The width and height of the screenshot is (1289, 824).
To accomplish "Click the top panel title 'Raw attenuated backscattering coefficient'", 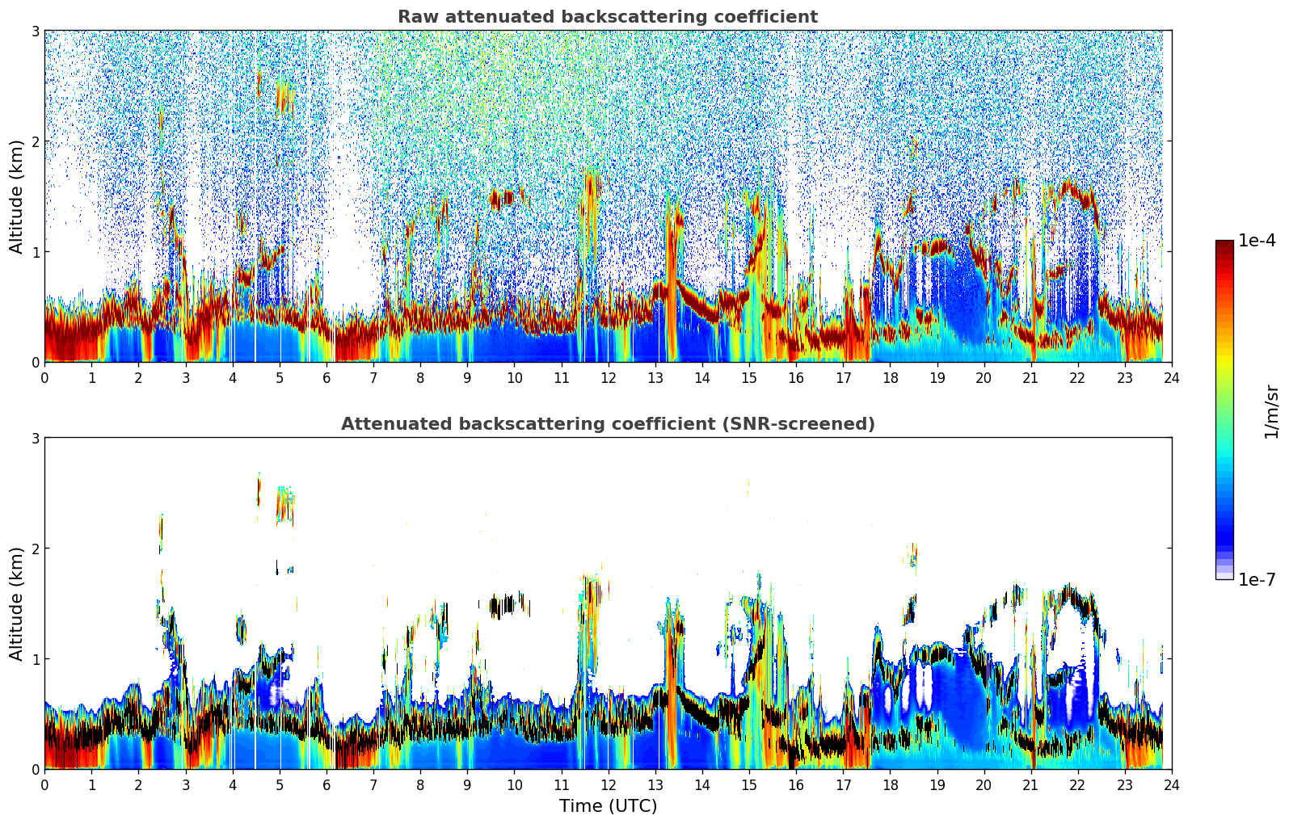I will coord(607,17).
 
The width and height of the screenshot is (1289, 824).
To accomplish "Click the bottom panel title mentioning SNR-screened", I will coord(607,424).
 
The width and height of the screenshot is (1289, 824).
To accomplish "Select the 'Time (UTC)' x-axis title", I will coord(608,805).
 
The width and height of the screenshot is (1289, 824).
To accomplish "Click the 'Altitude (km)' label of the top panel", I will coord(16,196).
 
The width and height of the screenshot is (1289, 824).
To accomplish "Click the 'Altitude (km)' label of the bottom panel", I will coord(16,603).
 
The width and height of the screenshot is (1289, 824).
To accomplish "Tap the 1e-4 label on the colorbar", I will coord(1257,241).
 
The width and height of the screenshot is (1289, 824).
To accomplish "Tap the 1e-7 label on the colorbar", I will coord(1257,579).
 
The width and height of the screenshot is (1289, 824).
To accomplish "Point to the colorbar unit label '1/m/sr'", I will coord(1271,411).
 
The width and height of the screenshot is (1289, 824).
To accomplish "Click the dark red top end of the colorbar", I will coord(1224,244).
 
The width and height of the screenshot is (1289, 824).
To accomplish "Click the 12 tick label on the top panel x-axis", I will coord(608,377).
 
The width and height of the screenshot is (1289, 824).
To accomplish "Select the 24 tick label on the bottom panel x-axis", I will coord(1171,784).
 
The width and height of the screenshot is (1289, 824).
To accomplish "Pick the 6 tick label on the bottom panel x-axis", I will coord(326,784).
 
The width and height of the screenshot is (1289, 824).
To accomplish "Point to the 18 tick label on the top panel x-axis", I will coord(890,377).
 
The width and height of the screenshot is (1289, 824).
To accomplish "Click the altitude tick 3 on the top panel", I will coord(36,31).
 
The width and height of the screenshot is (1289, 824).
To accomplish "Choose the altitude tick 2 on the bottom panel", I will coord(36,549).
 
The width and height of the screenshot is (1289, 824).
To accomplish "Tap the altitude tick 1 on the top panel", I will coord(36,252).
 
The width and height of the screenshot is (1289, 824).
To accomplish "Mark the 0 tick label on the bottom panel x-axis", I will coord(44,784).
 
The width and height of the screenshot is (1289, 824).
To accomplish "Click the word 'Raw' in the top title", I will coord(415,17).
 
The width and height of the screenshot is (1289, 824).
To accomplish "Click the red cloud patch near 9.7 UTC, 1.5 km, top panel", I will coord(502,197).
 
